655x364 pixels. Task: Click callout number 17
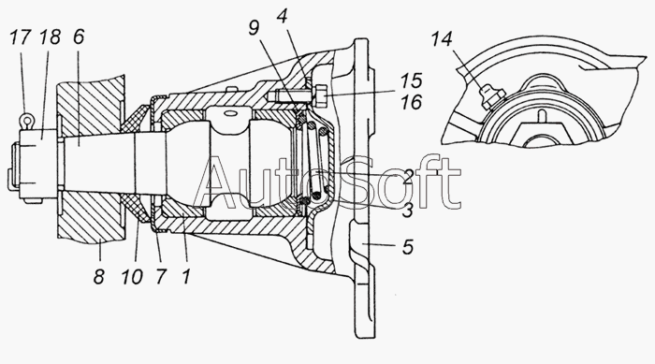[20, 37]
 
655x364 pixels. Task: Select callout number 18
[51, 37]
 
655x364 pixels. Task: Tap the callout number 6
[78, 37]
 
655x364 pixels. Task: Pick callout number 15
[412, 81]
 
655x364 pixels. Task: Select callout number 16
[412, 102]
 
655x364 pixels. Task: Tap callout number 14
[442, 39]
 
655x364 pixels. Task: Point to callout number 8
[98, 276]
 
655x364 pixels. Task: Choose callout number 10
[132, 276]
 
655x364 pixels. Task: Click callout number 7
[160, 276]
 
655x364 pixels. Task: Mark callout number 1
[186, 276]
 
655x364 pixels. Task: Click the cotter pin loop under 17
[27, 121]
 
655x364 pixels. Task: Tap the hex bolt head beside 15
[319, 95]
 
